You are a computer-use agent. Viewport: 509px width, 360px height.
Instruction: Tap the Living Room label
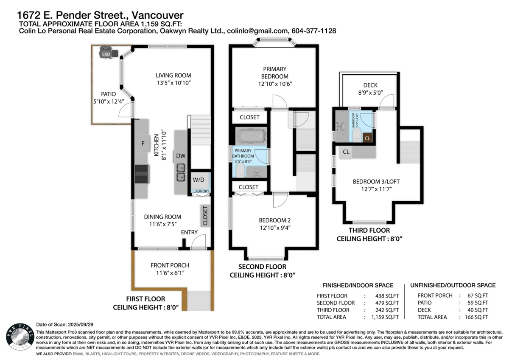tap(173, 76)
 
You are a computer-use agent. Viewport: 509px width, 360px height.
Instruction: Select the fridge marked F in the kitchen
tap(143, 143)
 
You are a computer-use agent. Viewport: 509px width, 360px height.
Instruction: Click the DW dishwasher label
tap(180, 156)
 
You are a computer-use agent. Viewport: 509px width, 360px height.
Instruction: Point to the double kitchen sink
tap(181, 172)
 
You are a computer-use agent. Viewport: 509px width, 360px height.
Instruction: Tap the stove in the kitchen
tap(141, 174)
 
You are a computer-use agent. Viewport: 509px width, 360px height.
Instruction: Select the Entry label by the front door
tap(189, 232)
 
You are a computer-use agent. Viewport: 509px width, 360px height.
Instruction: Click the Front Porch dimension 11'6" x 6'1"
tap(170, 273)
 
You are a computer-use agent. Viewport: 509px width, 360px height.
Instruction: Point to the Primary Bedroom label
tap(274, 72)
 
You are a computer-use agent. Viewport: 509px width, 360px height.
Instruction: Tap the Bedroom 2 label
tap(274, 220)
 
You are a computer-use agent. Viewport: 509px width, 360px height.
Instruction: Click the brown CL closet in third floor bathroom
tap(367, 138)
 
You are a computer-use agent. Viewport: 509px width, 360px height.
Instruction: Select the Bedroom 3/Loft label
tap(376, 182)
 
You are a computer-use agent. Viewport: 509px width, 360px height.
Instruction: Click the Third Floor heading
tap(369, 231)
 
